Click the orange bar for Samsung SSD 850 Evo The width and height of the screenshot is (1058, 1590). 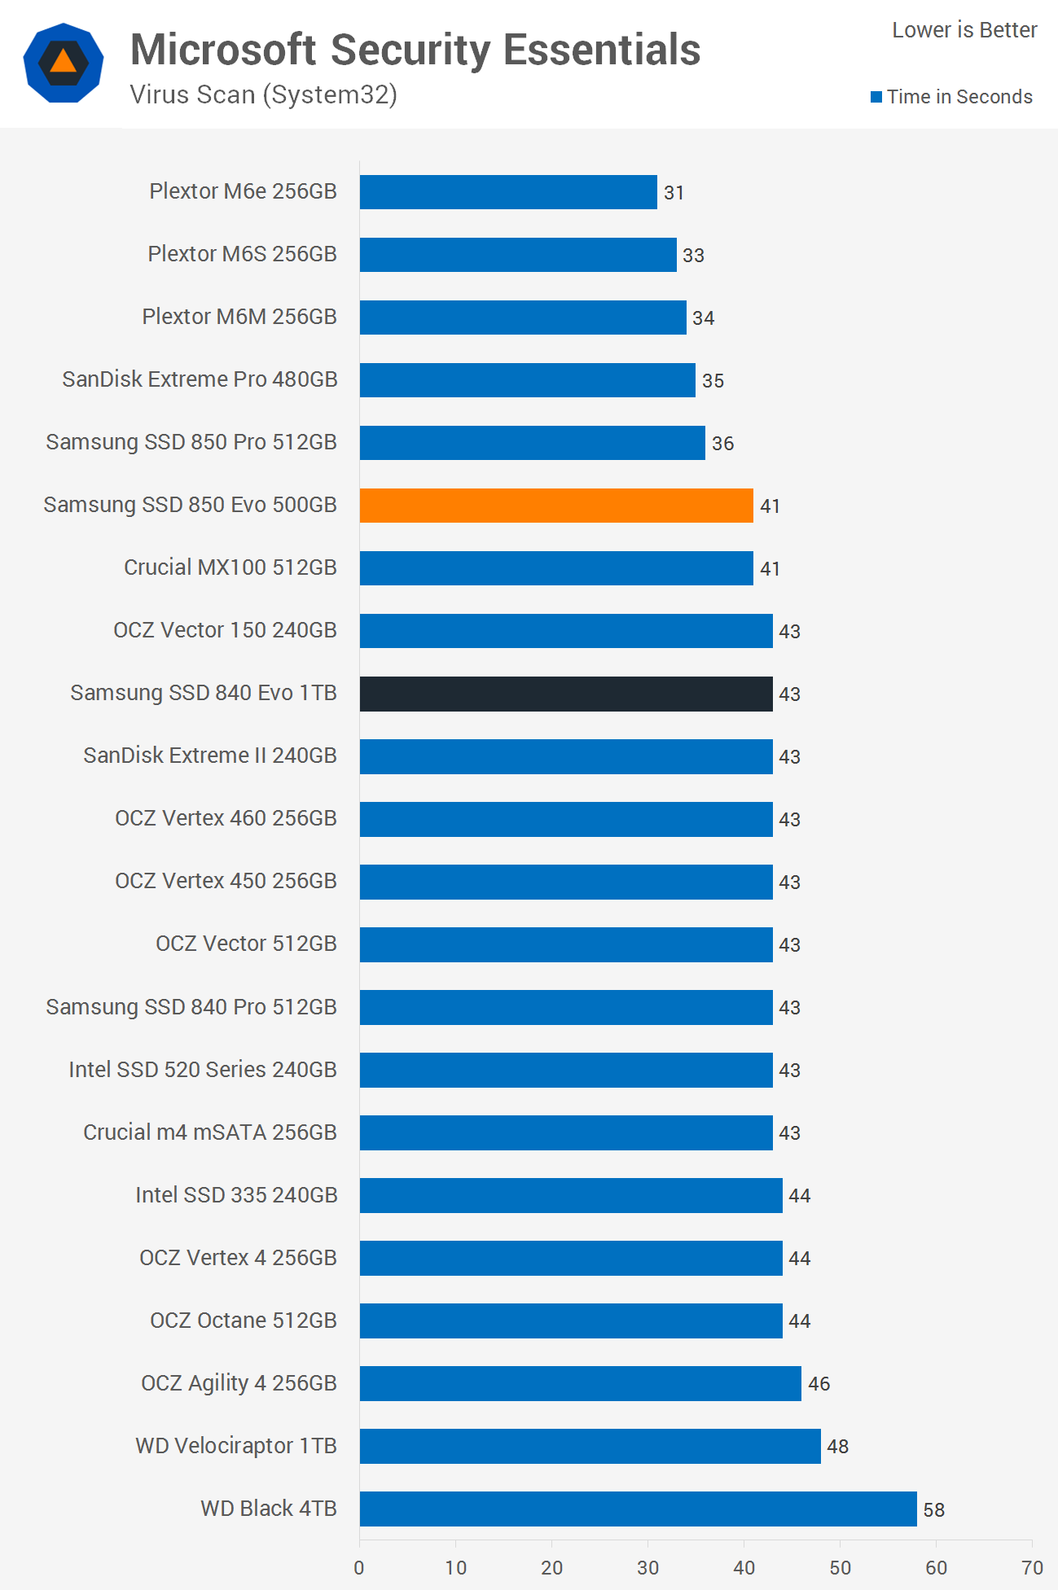(x=556, y=506)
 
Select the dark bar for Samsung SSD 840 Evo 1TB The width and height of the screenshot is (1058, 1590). (x=566, y=694)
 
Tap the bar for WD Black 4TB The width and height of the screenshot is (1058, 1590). (x=638, y=1509)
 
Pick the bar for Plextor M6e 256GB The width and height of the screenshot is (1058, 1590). (x=508, y=192)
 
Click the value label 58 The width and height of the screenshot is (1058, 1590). (x=933, y=1510)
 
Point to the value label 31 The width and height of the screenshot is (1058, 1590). (x=674, y=193)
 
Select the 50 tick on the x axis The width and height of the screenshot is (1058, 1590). (x=840, y=1567)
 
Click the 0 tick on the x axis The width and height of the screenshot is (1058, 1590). (x=359, y=1567)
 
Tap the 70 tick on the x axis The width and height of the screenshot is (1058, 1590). (x=1032, y=1567)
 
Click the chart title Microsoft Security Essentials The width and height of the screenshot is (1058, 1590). (x=415, y=50)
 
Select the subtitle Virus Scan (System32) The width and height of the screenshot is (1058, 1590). (x=263, y=95)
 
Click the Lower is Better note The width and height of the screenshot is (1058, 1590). (x=964, y=30)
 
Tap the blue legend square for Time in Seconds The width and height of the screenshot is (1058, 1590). (x=876, y=97)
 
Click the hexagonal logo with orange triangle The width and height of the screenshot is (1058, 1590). (x=64, y=63)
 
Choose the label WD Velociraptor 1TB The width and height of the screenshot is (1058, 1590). (x=236, y=1446)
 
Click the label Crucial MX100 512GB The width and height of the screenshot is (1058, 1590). (x=230, y=567)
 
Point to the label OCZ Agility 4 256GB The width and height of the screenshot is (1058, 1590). (x=239, y=1383)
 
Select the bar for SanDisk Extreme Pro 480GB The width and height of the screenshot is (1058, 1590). (x=527, y=380)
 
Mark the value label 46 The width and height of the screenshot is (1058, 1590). (x=819, y=1384)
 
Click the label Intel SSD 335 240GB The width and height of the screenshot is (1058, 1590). (x=236, y=1195)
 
